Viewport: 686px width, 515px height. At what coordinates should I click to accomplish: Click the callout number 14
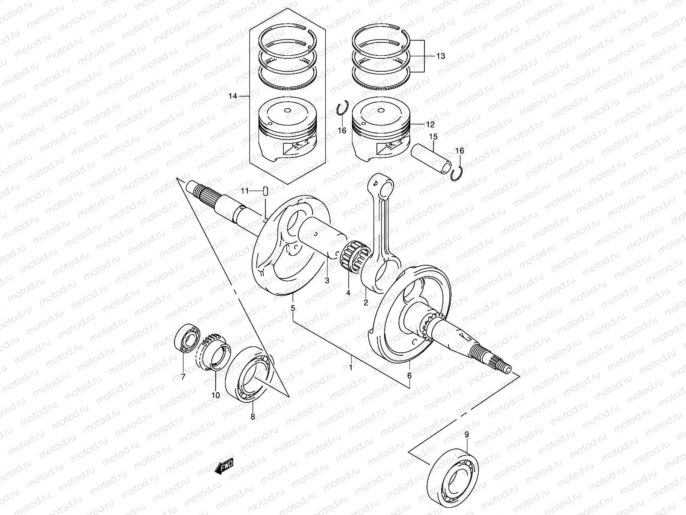coord(244,96)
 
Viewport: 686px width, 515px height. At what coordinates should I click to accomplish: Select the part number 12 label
coord(430,125)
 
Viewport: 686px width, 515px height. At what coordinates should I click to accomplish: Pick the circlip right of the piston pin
coord(458,173)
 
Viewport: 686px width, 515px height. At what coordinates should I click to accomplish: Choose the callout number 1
coord(350,368)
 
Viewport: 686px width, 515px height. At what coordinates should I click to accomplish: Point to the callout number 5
coord(293,308)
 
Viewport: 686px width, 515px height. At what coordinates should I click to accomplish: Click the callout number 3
coord(327,281)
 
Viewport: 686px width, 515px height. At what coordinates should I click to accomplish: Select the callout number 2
coord(366,303)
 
